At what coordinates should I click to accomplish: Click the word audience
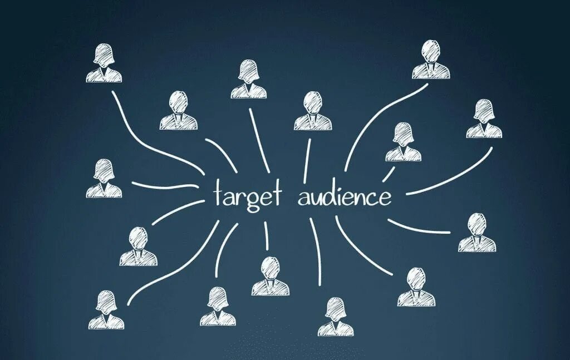coord(344,196)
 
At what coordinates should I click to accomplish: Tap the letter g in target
coord(253,199)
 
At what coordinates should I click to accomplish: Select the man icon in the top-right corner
coord(430,60)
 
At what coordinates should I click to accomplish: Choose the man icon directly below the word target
coord(270,276)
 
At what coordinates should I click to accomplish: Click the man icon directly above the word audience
coord(313,111)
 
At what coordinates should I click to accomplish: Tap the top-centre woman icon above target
coord(249,80)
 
